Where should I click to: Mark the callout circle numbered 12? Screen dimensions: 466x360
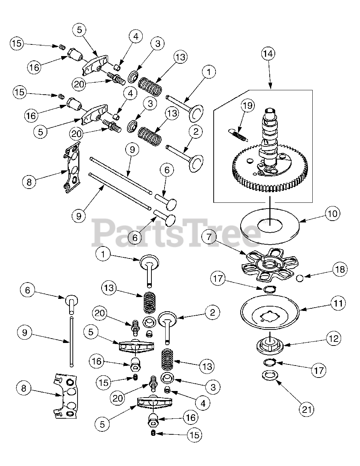334,338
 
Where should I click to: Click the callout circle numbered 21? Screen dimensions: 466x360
306,409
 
